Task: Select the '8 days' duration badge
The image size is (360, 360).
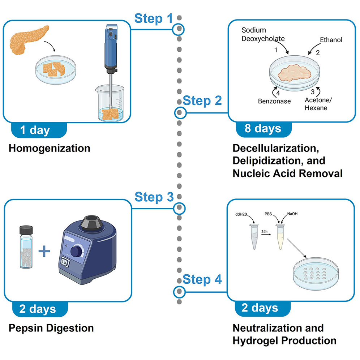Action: pyautogui.click(x=263, y=129)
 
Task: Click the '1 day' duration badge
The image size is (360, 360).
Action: pyautogui.click(x=35, y=130)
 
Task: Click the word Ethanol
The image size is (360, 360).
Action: pyautogui.click(x=331, y=40)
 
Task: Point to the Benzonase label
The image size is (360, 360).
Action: pyautogui.click(x=274, y=101)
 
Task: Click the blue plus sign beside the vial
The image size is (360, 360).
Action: pyautogui.click(x=44, y=251)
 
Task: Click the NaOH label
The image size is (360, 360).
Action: pyautogui.click(x=292, y=214)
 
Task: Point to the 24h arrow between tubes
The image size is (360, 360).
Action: pyautogui.click(x=266, y=233)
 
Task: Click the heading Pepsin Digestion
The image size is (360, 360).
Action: pyautogui.click(x=51, y=328)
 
